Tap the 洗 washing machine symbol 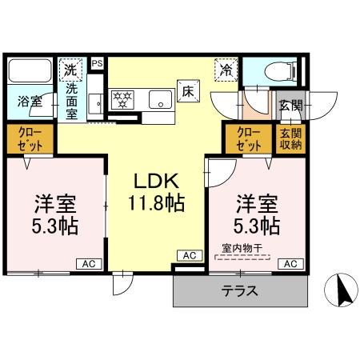pyautogui.click(x=71, y=70)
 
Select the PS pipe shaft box pyautogui.click(x=98, y=63)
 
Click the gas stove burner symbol pyautogui.click(x=123, y=99)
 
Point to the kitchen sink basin pyautogui.click(x=160, y=100)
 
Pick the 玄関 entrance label pyautogui.click(x=289, y=105)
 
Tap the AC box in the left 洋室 pyautogui.click(x=87, y=263)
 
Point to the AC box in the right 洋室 pyautogui.click(x=292, y=263)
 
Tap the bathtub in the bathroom pyautogui.click(x=29, y=74)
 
